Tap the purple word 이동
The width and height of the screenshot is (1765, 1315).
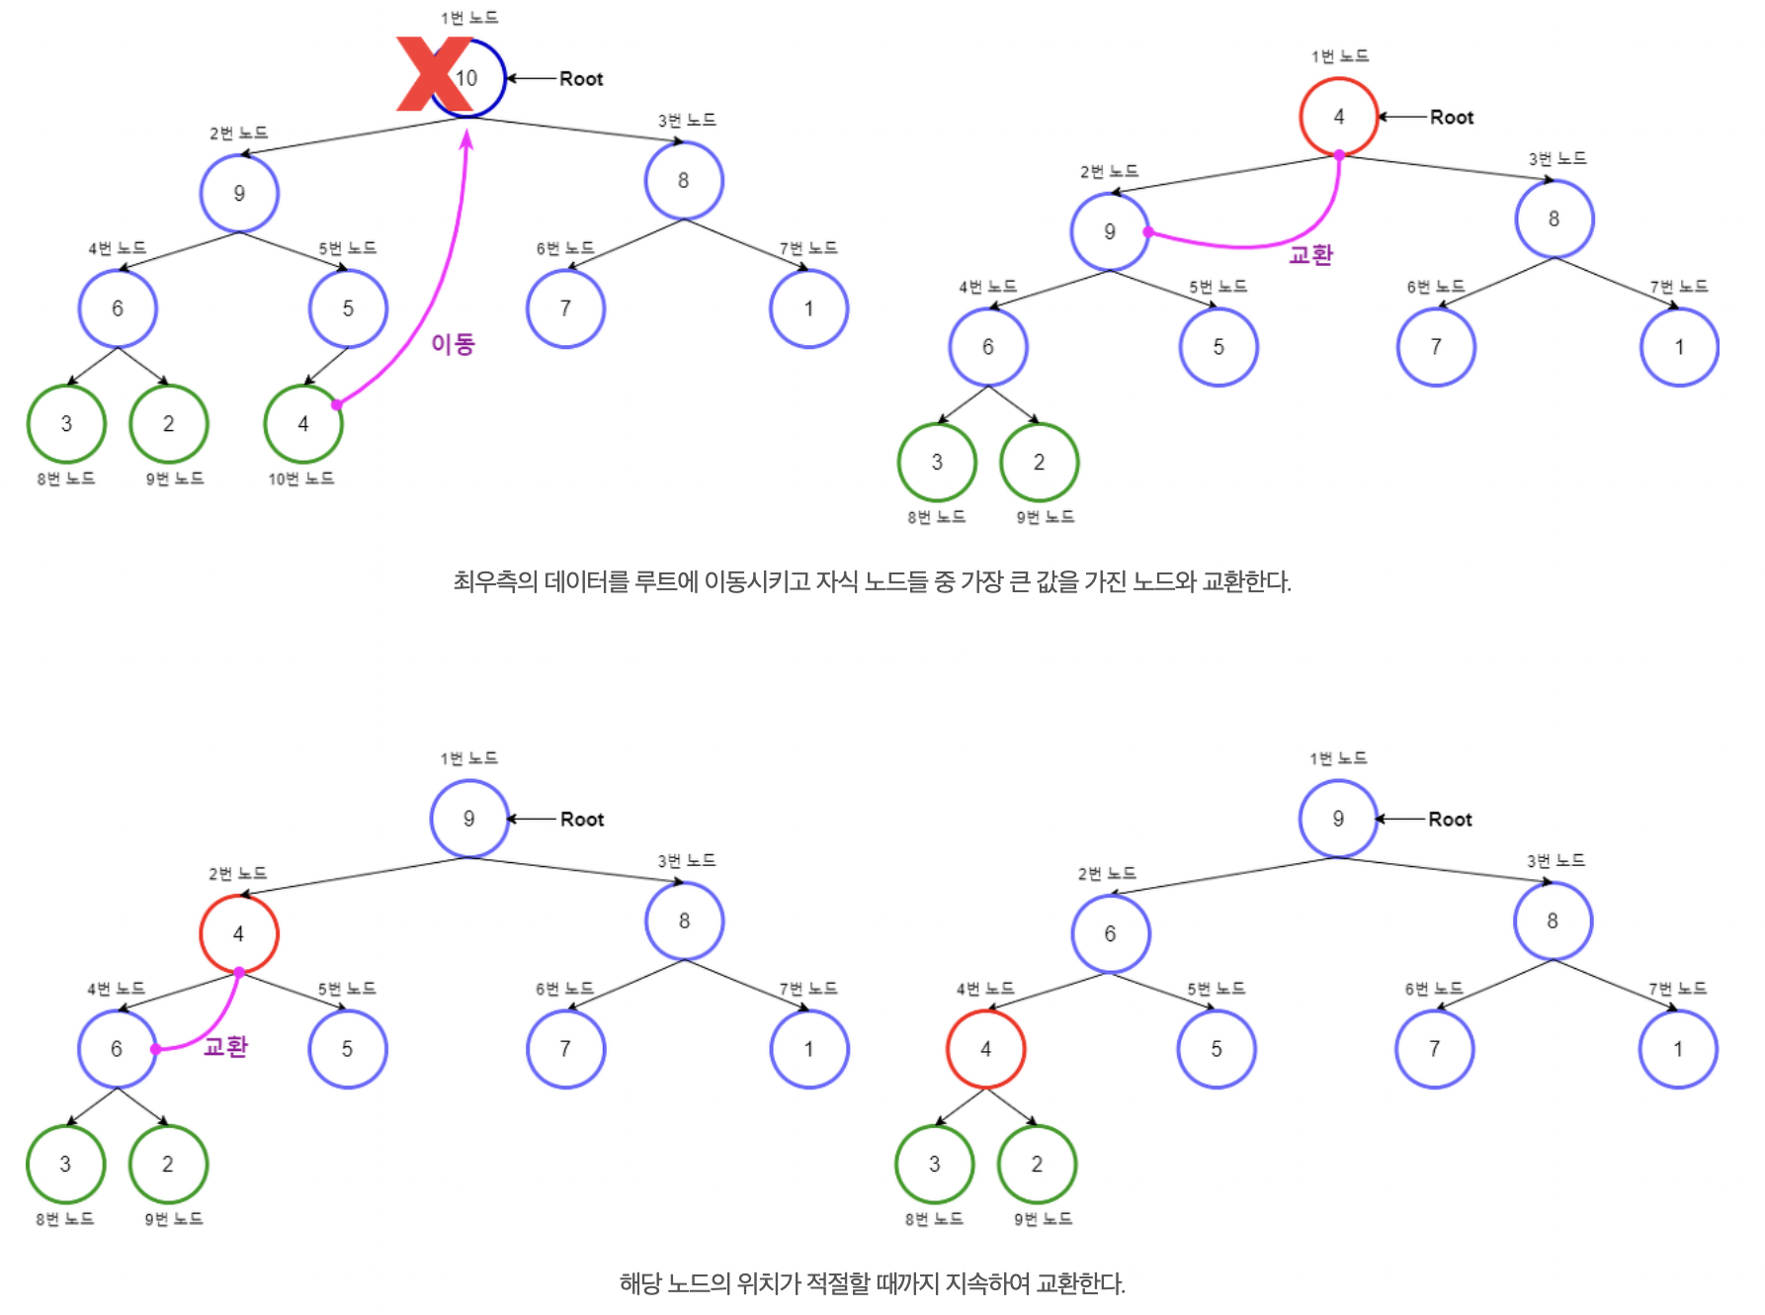453,344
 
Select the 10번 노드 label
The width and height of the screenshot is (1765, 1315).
300,479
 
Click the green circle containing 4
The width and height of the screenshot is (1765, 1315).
303,424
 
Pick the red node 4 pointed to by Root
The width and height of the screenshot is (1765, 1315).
1339,117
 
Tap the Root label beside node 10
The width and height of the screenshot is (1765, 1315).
581,79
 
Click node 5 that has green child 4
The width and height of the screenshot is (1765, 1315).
348,308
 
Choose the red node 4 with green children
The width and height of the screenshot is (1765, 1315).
985,1049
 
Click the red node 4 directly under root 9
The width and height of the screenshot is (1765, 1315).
238,934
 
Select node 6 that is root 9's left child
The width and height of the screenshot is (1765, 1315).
1110,934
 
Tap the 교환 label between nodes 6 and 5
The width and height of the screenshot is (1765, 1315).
225,1047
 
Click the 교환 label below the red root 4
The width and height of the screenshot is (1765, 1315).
1310,255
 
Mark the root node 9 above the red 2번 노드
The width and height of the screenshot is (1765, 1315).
469,819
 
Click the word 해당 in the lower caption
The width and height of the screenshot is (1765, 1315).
639,1283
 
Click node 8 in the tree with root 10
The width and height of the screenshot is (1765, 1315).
684,181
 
